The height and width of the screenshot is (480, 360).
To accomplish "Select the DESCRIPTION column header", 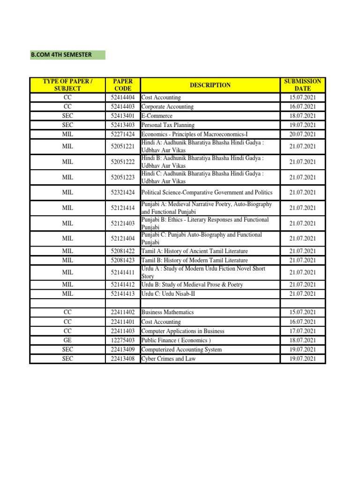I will tap(210, 85).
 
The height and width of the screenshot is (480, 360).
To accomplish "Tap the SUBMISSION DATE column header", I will tap(302, 85).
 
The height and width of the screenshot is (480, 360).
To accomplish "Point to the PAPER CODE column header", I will tap(122, 85).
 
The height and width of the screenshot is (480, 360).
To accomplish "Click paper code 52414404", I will tap(122, 97).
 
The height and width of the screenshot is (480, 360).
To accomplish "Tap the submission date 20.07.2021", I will tap(302, 134).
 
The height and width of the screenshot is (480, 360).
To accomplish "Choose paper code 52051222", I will tap(122, 162).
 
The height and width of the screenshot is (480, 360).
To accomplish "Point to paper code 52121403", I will tap(122, 223).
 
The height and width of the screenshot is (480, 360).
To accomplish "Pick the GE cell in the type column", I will tap(67, 340).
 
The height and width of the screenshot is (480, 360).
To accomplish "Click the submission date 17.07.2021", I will tap(302, 331).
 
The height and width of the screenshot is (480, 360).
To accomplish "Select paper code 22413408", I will tap(122, 359).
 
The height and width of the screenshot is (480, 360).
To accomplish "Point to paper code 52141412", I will tap(122, 285).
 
